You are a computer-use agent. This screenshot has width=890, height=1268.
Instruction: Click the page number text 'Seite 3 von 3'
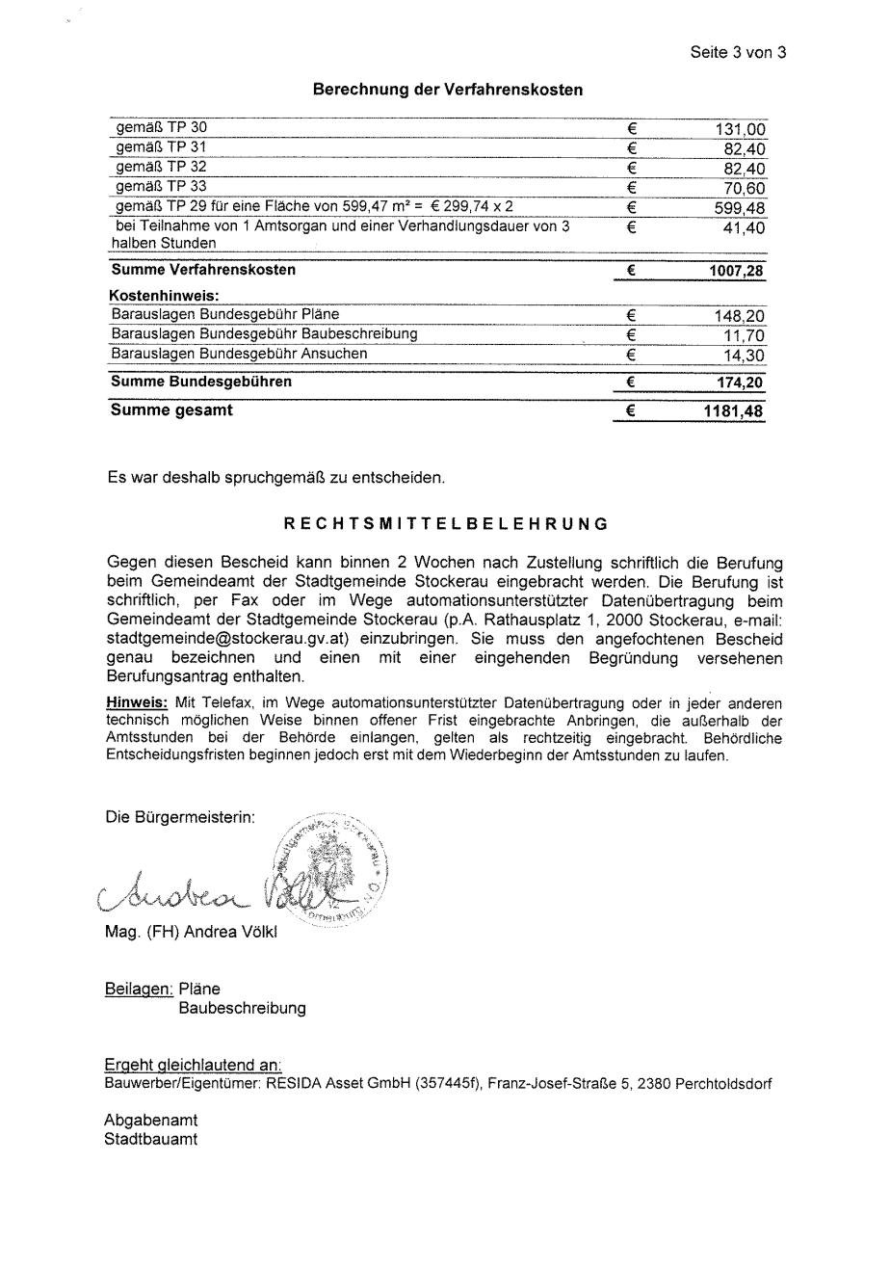738,53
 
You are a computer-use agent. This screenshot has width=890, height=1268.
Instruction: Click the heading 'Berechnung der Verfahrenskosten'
447,90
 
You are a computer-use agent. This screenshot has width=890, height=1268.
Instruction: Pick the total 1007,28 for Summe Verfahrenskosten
736,272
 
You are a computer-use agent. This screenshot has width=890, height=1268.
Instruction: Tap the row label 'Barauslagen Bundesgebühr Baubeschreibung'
264,334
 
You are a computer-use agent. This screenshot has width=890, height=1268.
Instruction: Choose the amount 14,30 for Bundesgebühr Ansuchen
746,356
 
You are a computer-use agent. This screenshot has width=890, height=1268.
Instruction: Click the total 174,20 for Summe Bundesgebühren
740,383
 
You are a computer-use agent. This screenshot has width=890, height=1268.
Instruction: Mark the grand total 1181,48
734,411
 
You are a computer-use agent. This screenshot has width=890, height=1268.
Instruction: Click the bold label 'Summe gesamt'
171,410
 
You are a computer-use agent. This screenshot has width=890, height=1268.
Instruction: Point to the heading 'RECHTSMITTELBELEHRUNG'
446,524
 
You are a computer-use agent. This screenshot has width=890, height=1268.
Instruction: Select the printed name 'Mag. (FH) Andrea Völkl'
191,933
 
